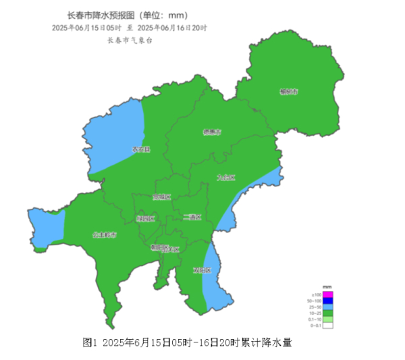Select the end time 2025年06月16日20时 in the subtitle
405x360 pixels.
[172, 28]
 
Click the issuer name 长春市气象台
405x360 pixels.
[130, 41]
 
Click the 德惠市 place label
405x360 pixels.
[212, 132]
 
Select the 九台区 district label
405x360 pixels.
[226, 178]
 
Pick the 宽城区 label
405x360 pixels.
[161, 197]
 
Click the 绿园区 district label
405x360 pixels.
[146, 218]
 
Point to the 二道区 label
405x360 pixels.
[192, 217]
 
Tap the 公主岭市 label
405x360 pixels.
[105, 235]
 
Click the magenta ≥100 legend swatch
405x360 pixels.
[327, 294]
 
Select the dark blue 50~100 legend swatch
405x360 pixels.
[327, 301]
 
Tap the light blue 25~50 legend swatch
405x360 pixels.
[327, 307]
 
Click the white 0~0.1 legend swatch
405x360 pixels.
[327, 326]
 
